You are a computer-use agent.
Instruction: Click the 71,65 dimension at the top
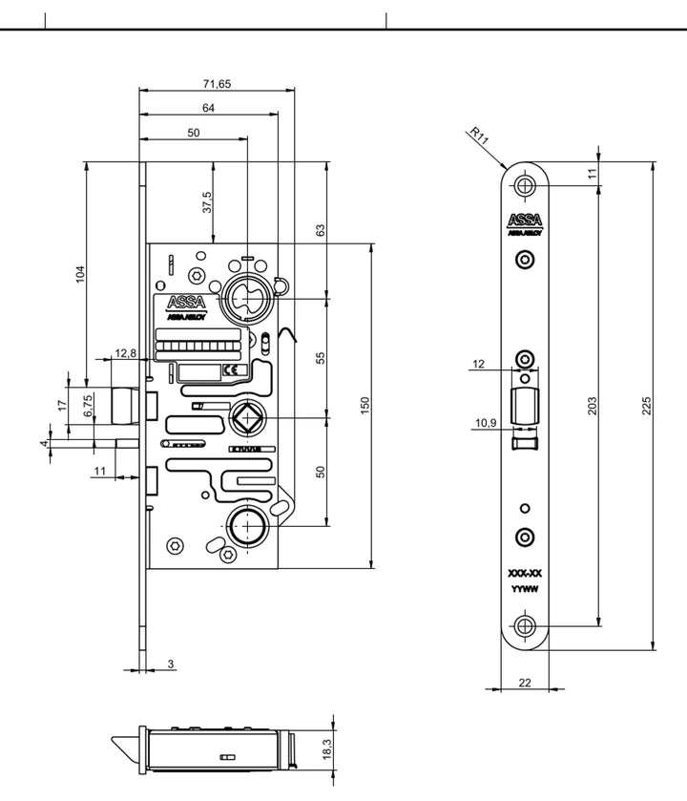pyautogui.click(x=218, y=84)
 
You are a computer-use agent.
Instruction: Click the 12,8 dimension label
pyautogui.click(x=126, y=354)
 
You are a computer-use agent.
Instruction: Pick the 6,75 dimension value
pyautogui.click(x=88, y=408)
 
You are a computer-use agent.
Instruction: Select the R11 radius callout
pyautogui.click(x=479, y=136)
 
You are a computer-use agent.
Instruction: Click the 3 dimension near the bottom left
pyautogui.click(x=171, y=663)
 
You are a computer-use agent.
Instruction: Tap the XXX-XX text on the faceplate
pyautogui.click(x=524, y=574)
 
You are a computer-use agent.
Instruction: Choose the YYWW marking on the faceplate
pyautogui.click(x=524, y=589)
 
